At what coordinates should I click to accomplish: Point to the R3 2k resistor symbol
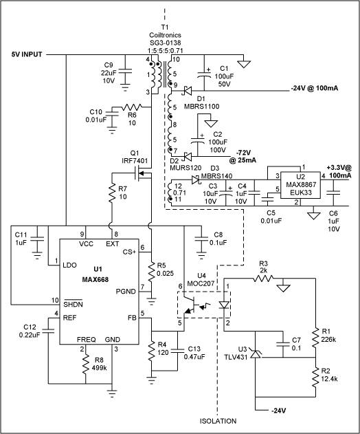tap(262, 279)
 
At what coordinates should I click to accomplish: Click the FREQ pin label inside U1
tap(86, 339)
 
